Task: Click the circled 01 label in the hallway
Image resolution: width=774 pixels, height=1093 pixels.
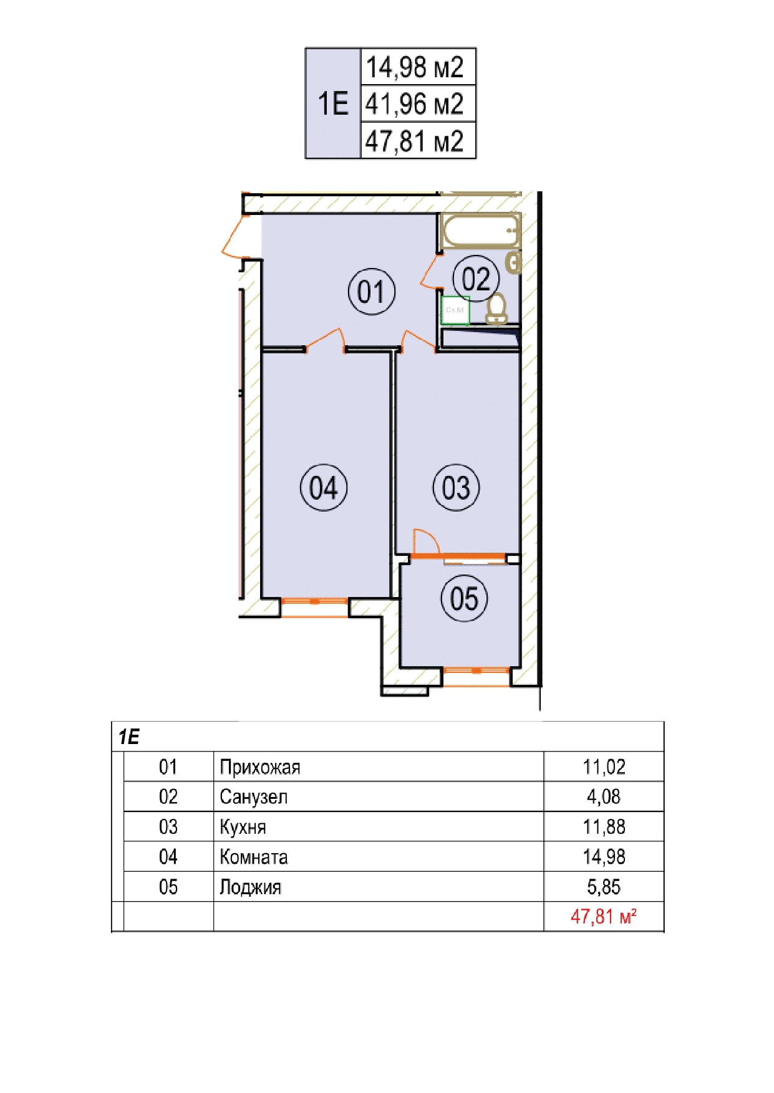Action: tap(371, 292)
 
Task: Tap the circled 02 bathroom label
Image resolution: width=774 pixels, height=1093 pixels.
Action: tap(476, 279)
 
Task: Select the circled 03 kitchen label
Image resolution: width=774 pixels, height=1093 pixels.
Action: tap(456, 487)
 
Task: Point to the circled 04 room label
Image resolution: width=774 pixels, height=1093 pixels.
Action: tap(324, 487)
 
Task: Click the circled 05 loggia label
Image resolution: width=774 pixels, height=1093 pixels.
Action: tap(464, 598)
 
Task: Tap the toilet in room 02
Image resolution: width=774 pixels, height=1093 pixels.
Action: tap(496, 309)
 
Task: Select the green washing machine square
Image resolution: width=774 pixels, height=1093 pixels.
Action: tap(455, 310)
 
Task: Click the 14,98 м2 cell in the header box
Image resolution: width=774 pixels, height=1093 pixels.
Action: tap(415, 67)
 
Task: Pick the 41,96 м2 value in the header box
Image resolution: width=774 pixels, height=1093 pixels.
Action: tap(415, 104)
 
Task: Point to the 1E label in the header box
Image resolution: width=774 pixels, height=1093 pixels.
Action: tap(333, 103)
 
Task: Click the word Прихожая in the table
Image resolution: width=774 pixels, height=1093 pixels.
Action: tap(260, 767)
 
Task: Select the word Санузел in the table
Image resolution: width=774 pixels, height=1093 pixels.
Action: tap(253, 797)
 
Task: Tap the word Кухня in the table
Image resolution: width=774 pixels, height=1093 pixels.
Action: tap(243, 827)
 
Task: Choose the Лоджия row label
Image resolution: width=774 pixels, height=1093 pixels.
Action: tap(250, 887)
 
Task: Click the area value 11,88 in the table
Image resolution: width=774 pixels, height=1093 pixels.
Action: tap(604, 827)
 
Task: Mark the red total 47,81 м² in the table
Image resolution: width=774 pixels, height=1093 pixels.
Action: tap(604, 917)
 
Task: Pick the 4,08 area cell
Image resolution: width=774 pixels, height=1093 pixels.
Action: tap(604, 797)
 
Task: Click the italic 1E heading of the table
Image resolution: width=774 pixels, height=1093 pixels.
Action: tap(129, 737)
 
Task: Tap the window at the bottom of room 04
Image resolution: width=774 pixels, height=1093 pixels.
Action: tap(314, 607)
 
